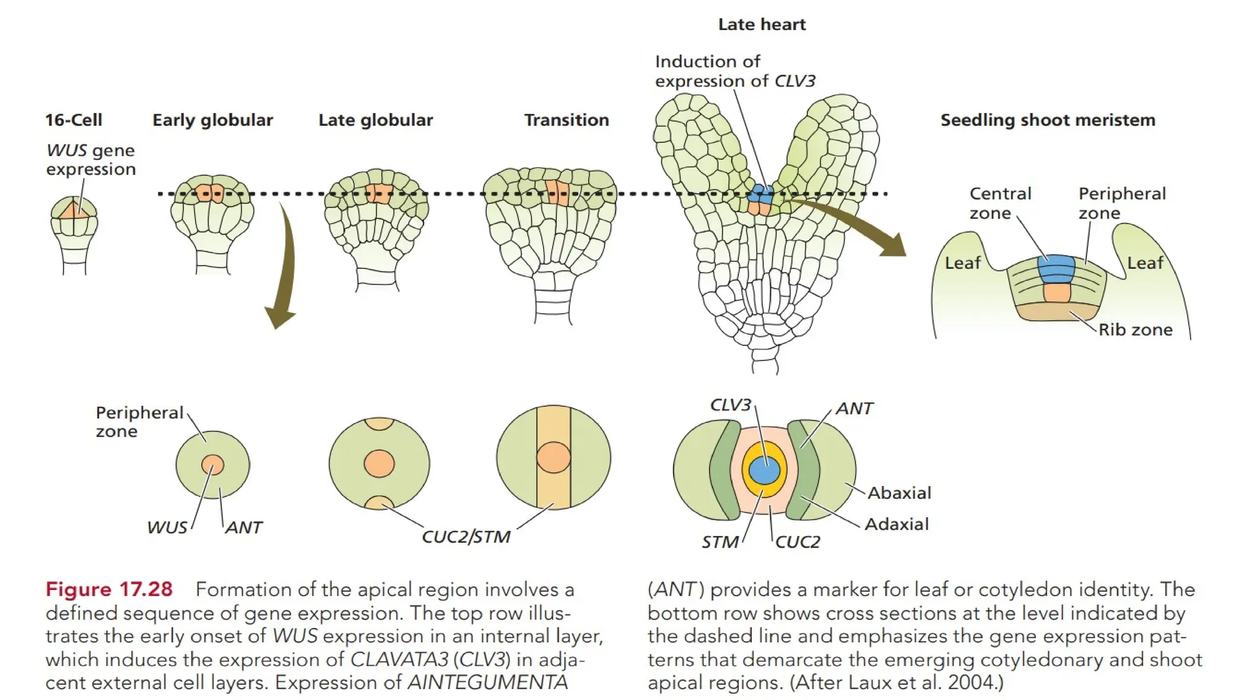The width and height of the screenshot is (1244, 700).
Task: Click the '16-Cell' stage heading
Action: [x=73, y=120]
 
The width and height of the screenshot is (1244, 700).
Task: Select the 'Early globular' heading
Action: [x=213, y=120]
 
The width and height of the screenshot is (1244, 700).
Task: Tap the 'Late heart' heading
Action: [x=762, y=24]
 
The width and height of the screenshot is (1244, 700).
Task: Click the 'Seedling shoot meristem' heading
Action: [x=1048, y=120]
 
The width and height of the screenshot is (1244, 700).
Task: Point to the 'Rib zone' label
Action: [x=1135, y=329]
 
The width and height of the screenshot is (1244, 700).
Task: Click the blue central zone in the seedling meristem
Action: [x=1056, y=268]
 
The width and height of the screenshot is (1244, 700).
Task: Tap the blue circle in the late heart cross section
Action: [x=764, y=470]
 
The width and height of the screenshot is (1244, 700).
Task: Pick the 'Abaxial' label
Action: [x=899, y=493]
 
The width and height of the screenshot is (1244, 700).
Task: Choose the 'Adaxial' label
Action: [x=897, y=524]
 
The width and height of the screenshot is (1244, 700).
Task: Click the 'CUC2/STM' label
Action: [x=466, y=537]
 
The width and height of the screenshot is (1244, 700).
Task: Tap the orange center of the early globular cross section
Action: [x=213, y=465]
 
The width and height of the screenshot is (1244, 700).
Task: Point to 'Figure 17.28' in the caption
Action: [x=109, y=589]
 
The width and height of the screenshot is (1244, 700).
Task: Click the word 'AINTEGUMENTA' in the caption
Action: [x=487, y=682]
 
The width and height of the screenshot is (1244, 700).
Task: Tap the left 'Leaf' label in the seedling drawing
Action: [x=963, y=263]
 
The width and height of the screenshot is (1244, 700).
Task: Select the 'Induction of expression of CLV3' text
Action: [x=734, y=71]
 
